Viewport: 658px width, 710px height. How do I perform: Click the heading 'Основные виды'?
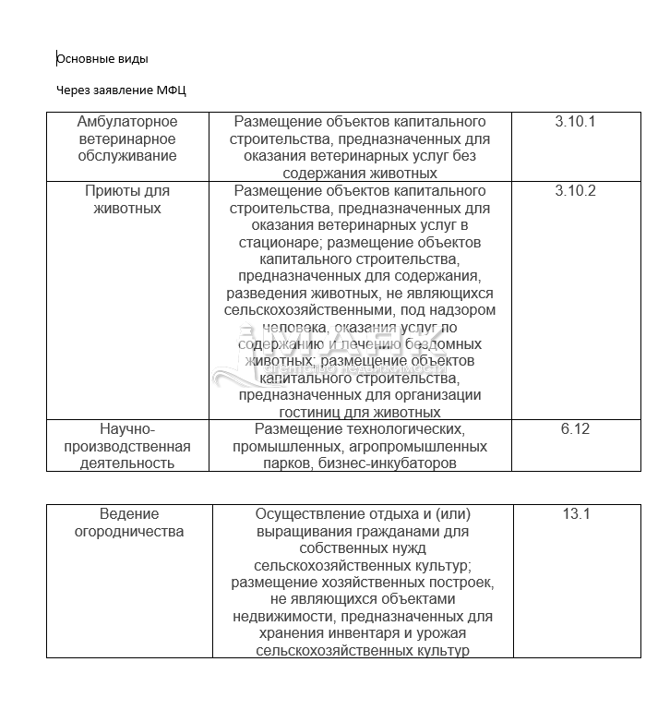click(x=102, y=59)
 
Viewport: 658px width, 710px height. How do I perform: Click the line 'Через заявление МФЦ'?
click(x=122, y=90)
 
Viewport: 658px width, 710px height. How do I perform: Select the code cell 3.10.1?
click(x=576, y=122)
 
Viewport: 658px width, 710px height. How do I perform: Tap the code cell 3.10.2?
click(x=576, y=191)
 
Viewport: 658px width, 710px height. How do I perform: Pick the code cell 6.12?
click(x=574, y=428)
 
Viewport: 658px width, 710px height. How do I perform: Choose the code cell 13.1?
click(x=576, y=514)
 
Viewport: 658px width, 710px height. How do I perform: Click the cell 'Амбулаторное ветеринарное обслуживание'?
click(x=127, y=138)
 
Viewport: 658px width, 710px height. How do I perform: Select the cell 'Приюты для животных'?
click(x=127, y=199)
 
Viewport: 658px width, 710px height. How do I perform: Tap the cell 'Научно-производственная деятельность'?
click(x=127, y=446)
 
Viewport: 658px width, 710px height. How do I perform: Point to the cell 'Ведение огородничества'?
click(x=129, y=523)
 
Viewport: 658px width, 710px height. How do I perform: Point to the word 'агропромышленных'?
click(x=431, y=446)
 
